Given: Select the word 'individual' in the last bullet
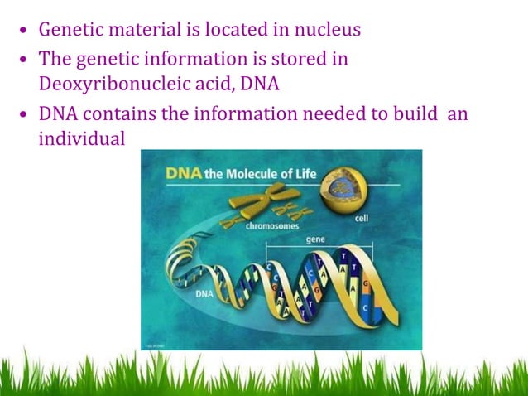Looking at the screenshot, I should pos(81,138).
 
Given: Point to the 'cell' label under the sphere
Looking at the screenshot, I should pos(362,219).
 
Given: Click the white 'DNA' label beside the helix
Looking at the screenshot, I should pos(206,294).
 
